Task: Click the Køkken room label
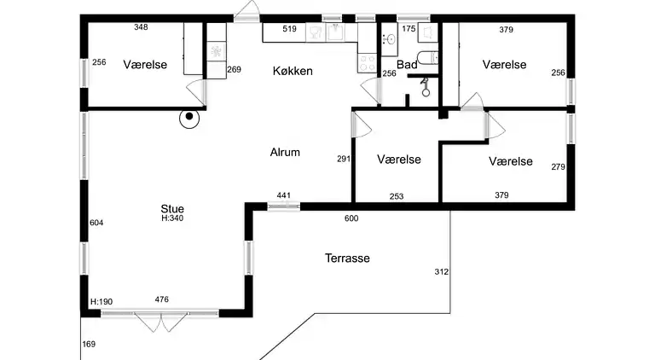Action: tap(293, 71)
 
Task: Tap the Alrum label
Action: tap(285, 152)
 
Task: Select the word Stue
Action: tap(172, 208)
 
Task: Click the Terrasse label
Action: tap(347, 258)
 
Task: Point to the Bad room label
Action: tap(407, 65)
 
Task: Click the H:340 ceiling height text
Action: tap(172, 218)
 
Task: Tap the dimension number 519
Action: tap(289, 29)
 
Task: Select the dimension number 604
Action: tap(96, 223)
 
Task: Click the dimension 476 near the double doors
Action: tap(162, 299)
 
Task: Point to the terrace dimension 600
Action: tap(351, 218)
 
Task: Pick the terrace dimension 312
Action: tap(442, 272)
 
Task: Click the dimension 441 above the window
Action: tap(284, 195)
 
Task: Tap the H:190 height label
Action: tap(101, 301)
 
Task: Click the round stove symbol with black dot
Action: tap(189, 118)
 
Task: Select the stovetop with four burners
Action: tap(368, 63)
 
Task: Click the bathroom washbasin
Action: tap(391, 39)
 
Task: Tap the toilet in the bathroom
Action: tap(428, 57)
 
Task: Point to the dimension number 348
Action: tap(142, 27)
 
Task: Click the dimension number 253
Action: tap(397, 196)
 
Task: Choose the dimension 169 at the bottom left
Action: tap(89, 344)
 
